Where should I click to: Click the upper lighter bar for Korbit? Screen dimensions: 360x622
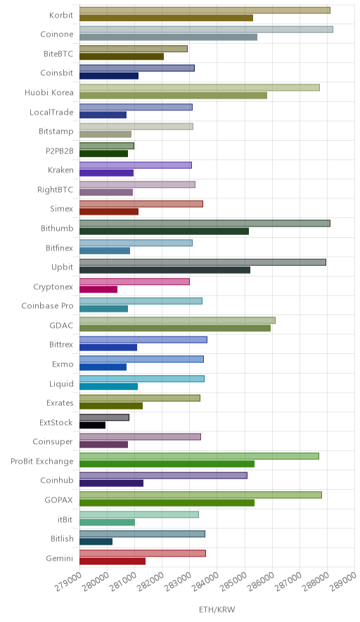(205, 11)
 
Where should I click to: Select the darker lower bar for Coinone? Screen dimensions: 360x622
(169, 37)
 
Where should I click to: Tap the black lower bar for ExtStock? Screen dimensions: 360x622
(93, 425)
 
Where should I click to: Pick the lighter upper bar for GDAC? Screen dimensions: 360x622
(178, 321)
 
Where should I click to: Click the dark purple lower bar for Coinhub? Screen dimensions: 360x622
(111, 483)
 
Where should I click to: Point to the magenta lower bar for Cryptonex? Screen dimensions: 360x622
(98, 290)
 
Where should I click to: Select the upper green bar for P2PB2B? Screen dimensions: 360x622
(107, 146)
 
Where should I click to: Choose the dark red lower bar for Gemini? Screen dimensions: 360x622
(112, 561)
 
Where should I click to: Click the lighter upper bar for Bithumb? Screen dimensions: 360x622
(205, 223)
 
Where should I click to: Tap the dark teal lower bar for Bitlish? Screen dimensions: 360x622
(96, 542)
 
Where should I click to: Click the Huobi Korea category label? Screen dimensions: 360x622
(49, 93)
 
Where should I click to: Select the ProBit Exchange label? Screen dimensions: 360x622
(42, 462)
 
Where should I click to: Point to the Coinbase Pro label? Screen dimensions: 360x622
(48, 306)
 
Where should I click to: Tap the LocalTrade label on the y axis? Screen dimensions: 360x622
(51, 113)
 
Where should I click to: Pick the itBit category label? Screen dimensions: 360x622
(65, 519)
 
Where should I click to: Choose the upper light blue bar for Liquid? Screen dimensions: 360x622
(142, 379)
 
